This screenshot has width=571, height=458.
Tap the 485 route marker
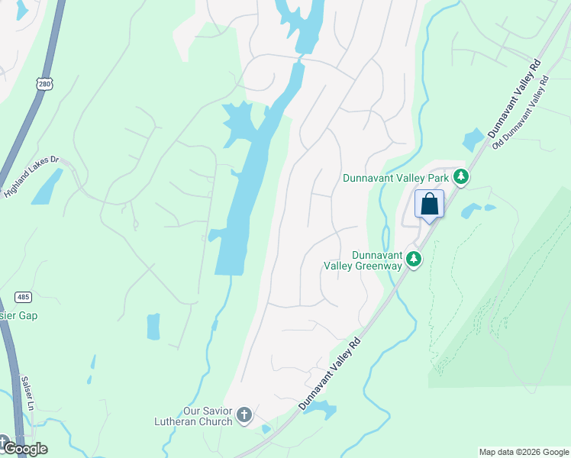22,297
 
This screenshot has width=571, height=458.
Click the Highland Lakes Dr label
31,177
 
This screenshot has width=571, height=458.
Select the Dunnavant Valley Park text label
395,178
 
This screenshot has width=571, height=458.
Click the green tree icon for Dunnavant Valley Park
460,177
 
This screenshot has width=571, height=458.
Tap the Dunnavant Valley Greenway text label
376,260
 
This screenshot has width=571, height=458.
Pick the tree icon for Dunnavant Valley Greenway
414,260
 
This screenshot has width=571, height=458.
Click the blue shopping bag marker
430,205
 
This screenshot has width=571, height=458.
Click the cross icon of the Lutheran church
244,415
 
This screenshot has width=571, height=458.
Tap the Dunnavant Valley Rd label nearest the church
329,373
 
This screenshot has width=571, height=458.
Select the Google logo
24,448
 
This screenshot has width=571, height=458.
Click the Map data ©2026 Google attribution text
524,452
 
